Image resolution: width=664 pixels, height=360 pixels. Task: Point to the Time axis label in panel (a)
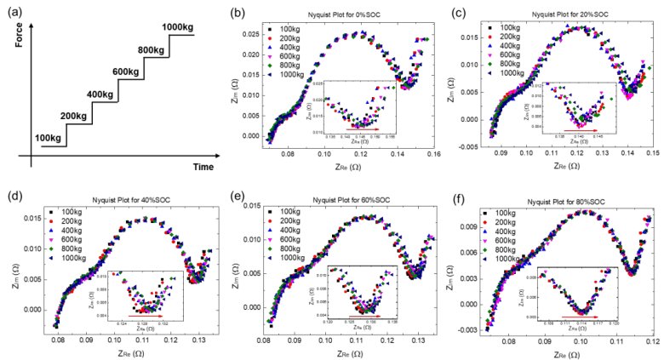(x=205, y=166)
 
